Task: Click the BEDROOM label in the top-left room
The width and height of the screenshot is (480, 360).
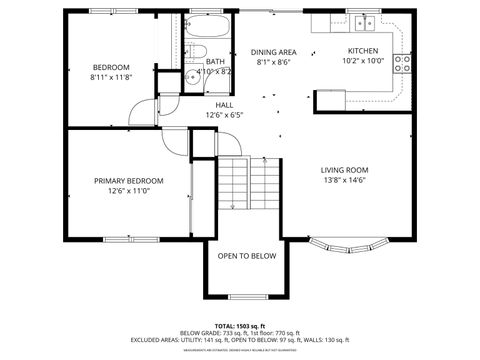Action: (111, 67)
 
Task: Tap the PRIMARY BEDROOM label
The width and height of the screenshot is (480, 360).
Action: (129, 181)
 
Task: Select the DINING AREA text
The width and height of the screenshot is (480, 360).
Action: (273, 51)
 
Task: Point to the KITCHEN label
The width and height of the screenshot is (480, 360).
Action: (362, 51)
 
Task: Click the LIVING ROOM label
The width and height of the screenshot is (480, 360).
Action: (344, 170)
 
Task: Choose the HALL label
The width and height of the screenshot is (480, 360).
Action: (225, 104)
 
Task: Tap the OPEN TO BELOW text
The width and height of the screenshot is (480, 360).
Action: (246, 256)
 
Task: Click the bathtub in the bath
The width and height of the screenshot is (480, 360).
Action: (210, 26)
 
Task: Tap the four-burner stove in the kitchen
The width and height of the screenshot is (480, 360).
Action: (403, 65)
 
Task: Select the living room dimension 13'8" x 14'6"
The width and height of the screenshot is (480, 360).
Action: (344, 180)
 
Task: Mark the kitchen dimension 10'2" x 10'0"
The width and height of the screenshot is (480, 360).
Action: (362, 61)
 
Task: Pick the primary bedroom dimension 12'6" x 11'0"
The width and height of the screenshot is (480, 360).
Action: (129, 191)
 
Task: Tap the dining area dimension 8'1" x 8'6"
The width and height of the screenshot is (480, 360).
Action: (273, 61)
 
